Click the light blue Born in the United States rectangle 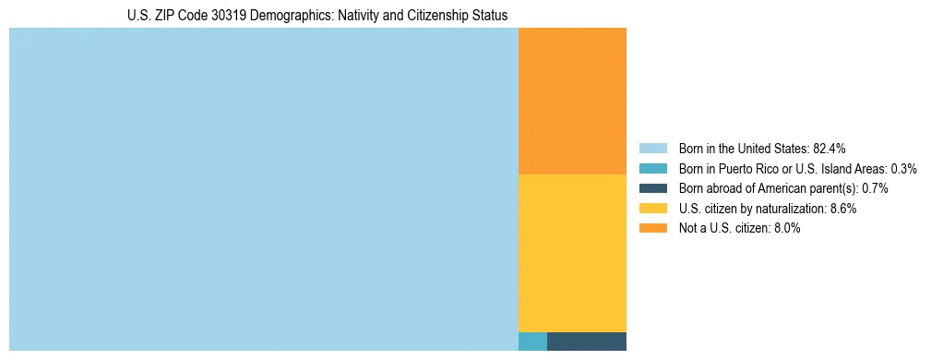point(263,189)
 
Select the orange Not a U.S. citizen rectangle point(572,101)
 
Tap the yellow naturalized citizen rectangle point(572,252)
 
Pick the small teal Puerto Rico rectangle point(532,341)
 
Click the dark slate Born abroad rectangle point(586,341)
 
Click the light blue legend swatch point(652,148)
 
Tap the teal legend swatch point(652,168)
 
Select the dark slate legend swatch point(652,188)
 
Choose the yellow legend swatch point(652,209)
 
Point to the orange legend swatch point(652,229)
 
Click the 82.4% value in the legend point(830,148)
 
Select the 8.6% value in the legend point(842,209)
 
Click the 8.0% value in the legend point(785,229)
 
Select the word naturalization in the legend point(794,209)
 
